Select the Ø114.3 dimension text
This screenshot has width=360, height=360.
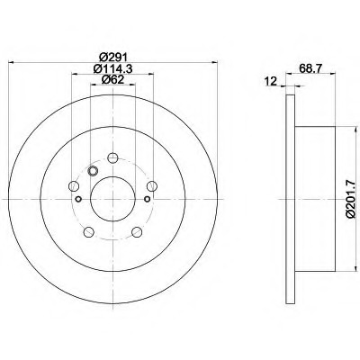(112, 68)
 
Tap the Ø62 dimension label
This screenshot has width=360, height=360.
(112, 80)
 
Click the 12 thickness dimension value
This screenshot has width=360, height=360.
(271, 81)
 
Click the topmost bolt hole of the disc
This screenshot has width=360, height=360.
(112, 157)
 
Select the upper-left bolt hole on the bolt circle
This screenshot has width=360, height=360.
(74, 186)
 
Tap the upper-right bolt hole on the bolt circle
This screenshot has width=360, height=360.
(152, 186)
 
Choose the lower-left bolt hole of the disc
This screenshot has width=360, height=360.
(88, 231)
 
